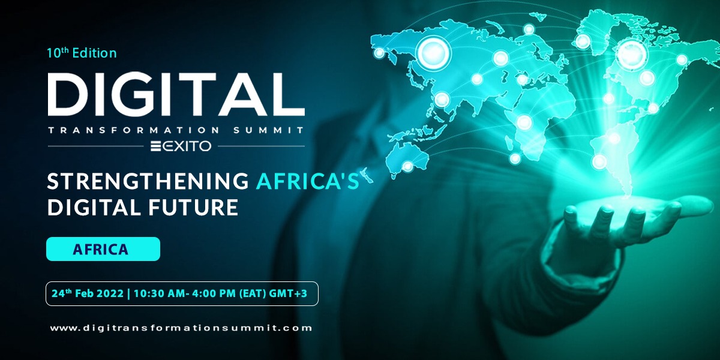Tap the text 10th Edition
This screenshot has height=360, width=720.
coord(82,53)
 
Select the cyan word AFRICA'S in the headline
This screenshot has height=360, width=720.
coord(307,181)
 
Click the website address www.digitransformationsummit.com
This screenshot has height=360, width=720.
coord(181,328)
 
